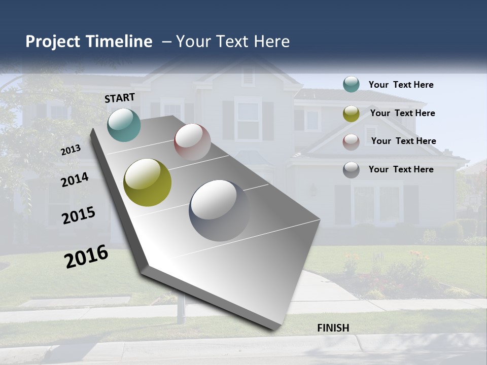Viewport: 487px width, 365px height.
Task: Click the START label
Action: [120, 98]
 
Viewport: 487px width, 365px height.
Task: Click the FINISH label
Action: [333, 328]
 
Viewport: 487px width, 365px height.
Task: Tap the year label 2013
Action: [71, 150]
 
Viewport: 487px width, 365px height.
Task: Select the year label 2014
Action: [75, 180]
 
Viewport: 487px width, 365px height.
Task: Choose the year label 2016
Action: [86, 257]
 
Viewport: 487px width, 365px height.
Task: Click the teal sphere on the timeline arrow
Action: [124, 125]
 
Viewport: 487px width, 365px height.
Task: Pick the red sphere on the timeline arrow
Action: [192, 142]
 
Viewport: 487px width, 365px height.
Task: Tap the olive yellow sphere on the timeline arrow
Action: [147, 182]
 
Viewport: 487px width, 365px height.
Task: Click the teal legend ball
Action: [351, 85]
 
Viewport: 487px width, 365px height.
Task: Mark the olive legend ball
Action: [351, 114]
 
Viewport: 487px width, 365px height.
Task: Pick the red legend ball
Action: [351, 141]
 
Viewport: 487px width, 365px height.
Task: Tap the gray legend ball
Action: [351, 170]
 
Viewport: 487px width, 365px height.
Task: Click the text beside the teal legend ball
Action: [401, 85]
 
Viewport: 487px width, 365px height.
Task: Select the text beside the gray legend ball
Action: [401, 169]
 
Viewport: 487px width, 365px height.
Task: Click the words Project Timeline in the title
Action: [89, 42]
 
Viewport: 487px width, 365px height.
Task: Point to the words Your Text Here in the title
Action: [233, 42]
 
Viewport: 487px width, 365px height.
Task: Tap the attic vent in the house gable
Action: [248, 76]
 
